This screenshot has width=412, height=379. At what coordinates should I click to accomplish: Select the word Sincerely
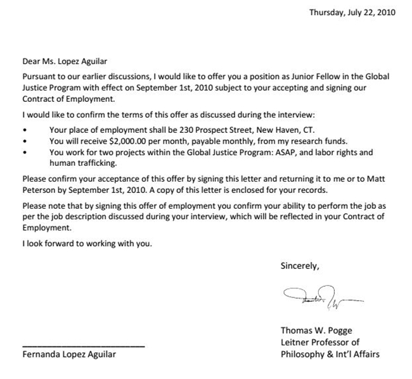click(300, 266)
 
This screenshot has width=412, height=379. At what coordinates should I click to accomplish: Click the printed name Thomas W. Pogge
click(318, 330)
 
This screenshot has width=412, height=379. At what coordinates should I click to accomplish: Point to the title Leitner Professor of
click(319, 342)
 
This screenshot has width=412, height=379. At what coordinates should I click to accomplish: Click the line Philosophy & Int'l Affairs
click(330, 354)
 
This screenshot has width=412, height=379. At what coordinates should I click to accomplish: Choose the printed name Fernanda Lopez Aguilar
click(69, 354)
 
